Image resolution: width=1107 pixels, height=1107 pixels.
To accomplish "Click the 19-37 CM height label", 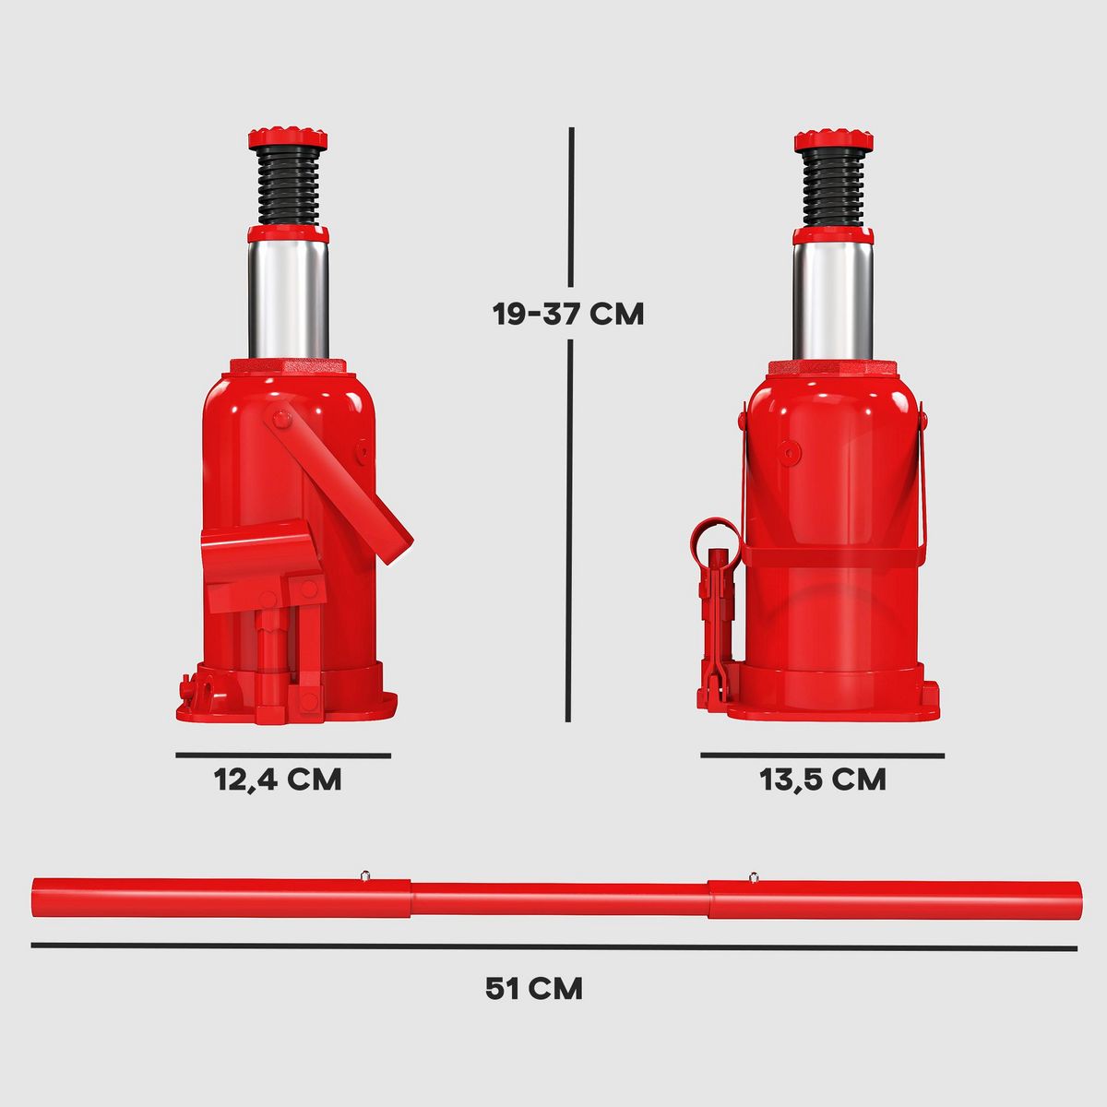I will tap(567, 314).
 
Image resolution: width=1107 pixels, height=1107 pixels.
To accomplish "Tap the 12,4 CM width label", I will tap(278, 780).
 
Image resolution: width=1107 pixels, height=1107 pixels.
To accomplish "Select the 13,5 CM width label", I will tap(822, 780).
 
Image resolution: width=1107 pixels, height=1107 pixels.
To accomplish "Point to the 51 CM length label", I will tap(534, 989).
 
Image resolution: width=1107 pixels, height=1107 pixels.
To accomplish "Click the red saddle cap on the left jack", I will tap(287, 138).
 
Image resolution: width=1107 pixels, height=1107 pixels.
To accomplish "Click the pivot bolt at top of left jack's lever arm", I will tap(280, 420).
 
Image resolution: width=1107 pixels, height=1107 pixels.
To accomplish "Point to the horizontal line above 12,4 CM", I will tap(283, 756).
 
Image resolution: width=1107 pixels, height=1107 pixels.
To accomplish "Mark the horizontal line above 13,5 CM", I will tap(822, 756).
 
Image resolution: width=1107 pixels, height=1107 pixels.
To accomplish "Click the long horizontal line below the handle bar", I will tap(553, 946).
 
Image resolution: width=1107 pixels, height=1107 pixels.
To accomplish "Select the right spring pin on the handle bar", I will tap(754, 875).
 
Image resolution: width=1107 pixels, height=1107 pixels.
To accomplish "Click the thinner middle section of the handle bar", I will tap(559, 899).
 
